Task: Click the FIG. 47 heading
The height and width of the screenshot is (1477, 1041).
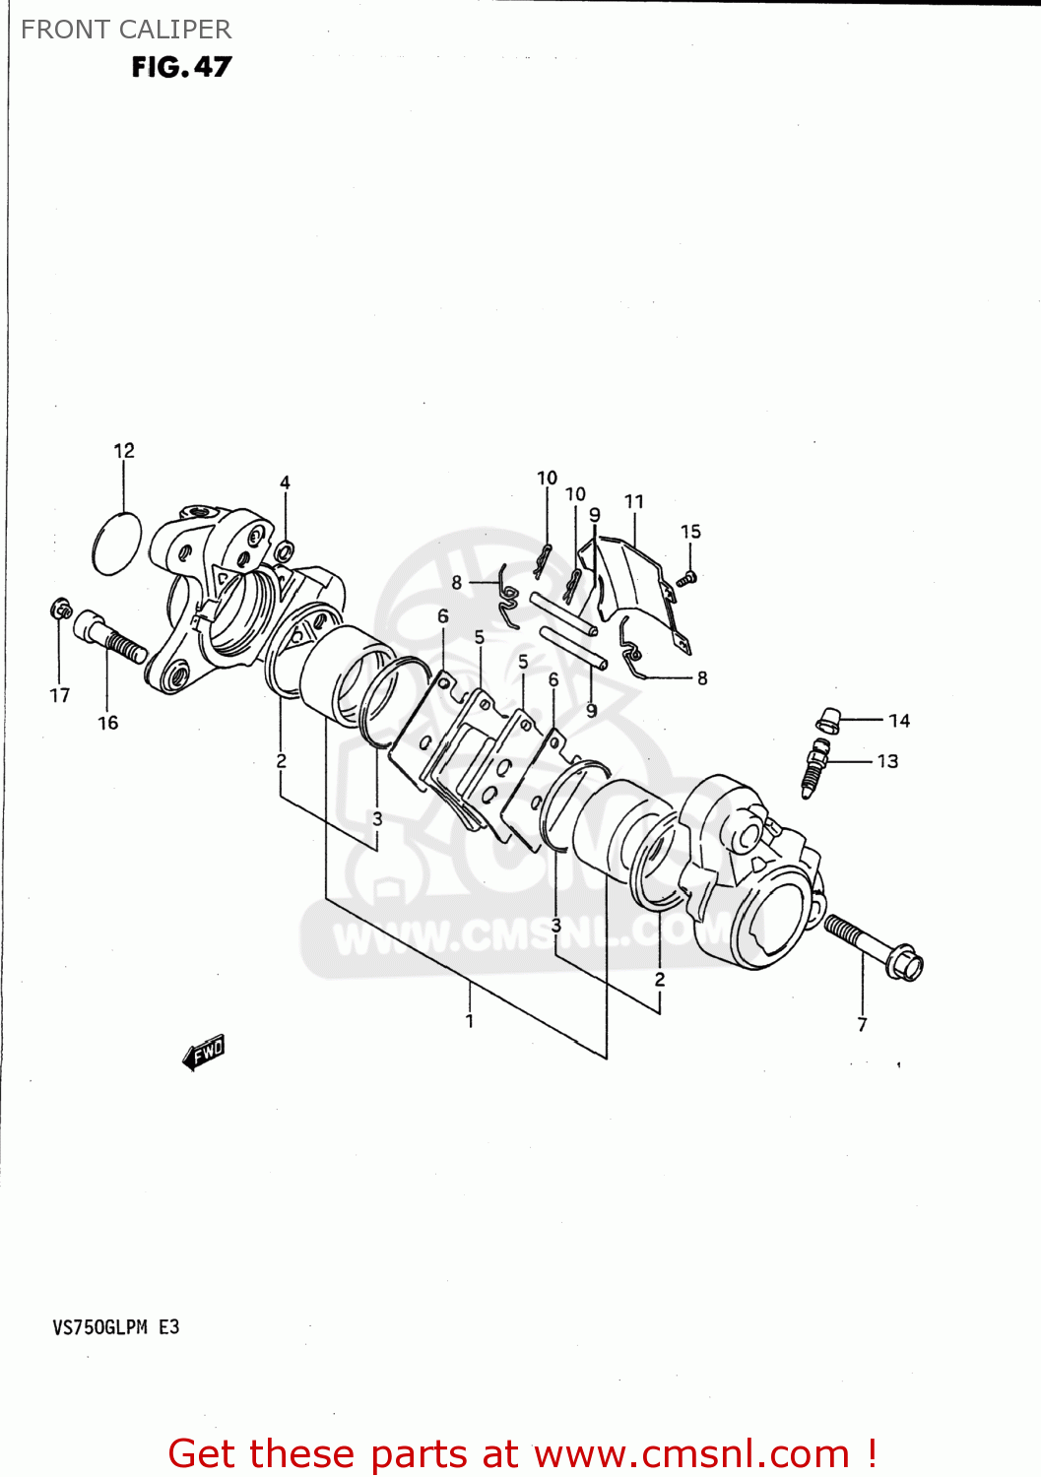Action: (x=181, y=67)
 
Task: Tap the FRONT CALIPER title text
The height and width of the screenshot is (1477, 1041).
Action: (x=126, y=30)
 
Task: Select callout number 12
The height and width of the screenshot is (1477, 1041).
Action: (x=124, y=451)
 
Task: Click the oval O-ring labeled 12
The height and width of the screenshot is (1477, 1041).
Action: (x=116, y=543)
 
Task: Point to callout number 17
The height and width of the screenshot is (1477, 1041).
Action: (x=60, y=695)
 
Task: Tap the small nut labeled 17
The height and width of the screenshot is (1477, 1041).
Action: (x=60, y=610)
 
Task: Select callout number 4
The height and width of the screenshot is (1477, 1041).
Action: (x=285, y=482)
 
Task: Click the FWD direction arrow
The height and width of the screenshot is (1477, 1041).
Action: (x=204, y=1053)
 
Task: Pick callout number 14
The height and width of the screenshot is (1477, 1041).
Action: (x=898, y=721)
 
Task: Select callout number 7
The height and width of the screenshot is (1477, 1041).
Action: (x=862, y=1025)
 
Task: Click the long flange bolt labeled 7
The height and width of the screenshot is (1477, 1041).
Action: (x=873, y=946)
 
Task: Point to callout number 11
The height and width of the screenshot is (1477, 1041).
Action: (x=634, y=502)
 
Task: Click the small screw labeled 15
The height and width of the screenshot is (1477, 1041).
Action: (x=689, y=577)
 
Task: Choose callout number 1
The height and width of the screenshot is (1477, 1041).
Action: (x=470, y=1021)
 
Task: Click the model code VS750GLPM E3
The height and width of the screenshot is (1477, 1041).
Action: (x=116, y=1327)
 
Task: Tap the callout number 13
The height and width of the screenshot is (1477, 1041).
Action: (x=887, y=761)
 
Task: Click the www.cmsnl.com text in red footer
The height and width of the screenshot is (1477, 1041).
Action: (x=691, y=1453)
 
